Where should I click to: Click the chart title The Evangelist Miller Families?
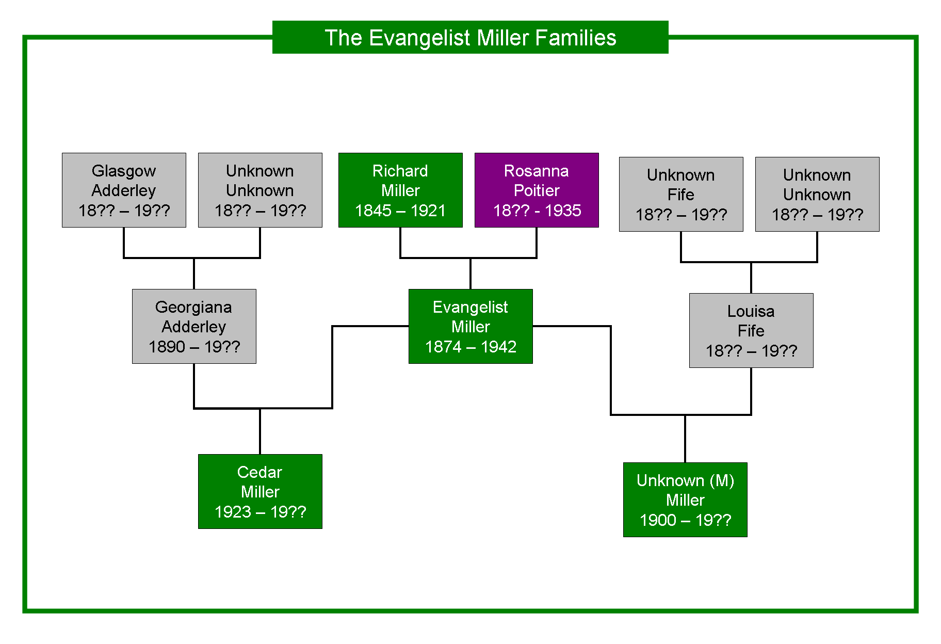[x=470, y=37]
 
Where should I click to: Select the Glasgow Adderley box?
[x=124, y=190]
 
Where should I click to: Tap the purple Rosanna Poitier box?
[x=537, y=190]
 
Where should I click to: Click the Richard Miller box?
[x=400, y=190]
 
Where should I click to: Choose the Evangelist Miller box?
[x=470, y=326]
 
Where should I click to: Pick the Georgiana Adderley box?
[x=194, y=326]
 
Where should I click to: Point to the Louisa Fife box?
[x=751, y=330]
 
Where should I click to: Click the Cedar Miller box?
[x=260, y=491]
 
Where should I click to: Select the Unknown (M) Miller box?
[x=685, y=500]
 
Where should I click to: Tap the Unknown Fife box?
[x=681, y=194]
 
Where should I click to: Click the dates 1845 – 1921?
[x=400, y=211]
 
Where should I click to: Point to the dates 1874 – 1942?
[x=470, y=347]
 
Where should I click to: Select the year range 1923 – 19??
[x=260, y=512]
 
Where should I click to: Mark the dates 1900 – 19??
[x=685, y=520]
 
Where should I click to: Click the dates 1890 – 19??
[x=194, y=347]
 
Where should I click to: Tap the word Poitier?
[x=537, y=190]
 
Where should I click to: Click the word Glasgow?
[x=124, y=171]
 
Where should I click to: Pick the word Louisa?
[x=751, y=311]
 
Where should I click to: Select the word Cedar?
[x=259, y=472]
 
